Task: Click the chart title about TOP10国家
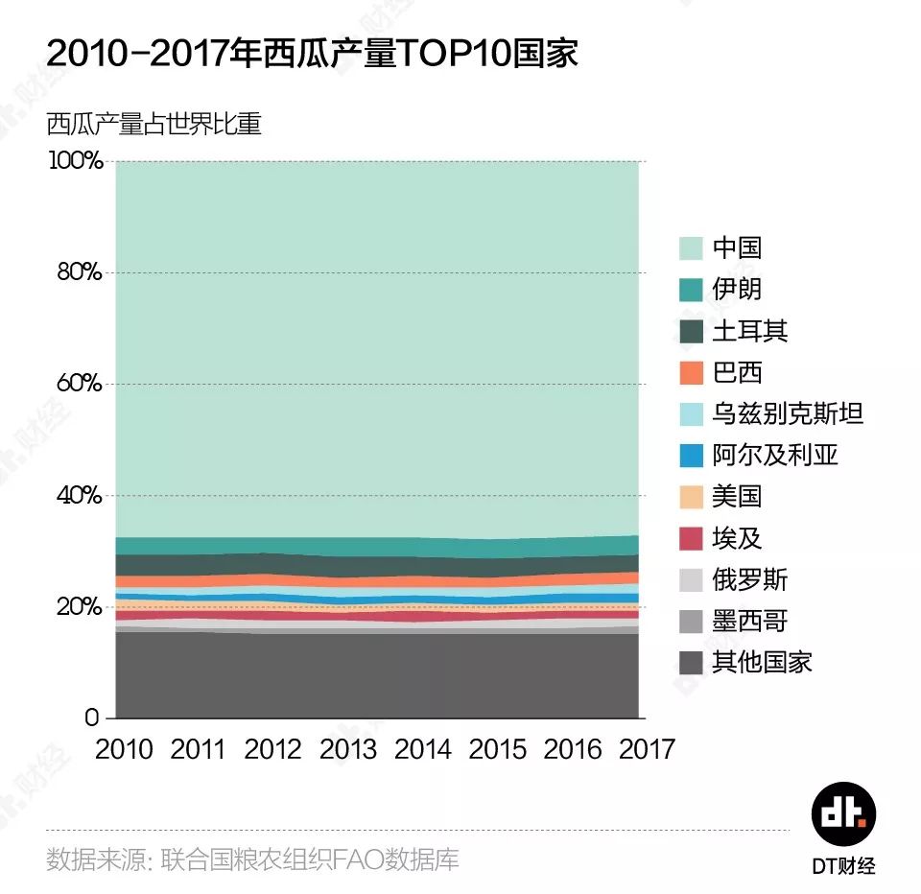pos(312,54)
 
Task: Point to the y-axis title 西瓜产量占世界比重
pos(153,125)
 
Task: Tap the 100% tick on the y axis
pos(75,160)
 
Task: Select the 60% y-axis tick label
pos(77,384)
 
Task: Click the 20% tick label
pos(77,607)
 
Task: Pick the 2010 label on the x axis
pos(124,749)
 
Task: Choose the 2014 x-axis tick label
pos(422,749)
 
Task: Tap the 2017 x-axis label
pos(647,749)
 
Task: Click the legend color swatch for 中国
pos(691,247)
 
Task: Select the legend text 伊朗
pos(737,289)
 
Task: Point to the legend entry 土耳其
pos(749,331)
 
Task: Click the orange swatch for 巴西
pos(691,372)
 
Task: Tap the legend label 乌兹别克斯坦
pos(788,413)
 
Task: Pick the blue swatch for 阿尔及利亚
pos(691,456)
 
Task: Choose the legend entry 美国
pos(737,497)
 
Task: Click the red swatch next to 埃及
pos(691,538)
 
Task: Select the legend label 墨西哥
pos(749,622)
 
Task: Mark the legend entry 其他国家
pos(762,663)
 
